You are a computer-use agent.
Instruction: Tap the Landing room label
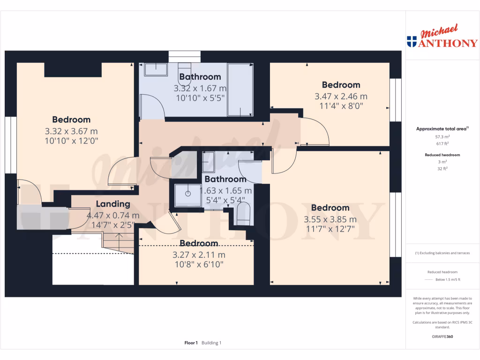113,204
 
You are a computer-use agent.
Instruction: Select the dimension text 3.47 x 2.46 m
341,97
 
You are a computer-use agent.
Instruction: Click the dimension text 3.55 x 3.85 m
330,219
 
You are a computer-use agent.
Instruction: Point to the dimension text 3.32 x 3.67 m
71,131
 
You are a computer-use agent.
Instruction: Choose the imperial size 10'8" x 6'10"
199,264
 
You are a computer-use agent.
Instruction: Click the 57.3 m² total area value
442,137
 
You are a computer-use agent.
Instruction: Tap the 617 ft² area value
442,143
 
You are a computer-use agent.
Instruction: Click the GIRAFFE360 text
442,337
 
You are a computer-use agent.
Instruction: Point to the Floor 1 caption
191,343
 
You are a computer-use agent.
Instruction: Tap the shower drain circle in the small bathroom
188,194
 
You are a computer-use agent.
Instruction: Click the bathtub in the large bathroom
240,90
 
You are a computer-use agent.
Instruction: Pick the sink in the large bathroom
156,69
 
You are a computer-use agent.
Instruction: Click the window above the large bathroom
185,57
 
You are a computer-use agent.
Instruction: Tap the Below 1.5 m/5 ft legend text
448,279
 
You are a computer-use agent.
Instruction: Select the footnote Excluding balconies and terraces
442,253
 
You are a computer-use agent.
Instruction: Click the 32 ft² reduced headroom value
442,169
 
